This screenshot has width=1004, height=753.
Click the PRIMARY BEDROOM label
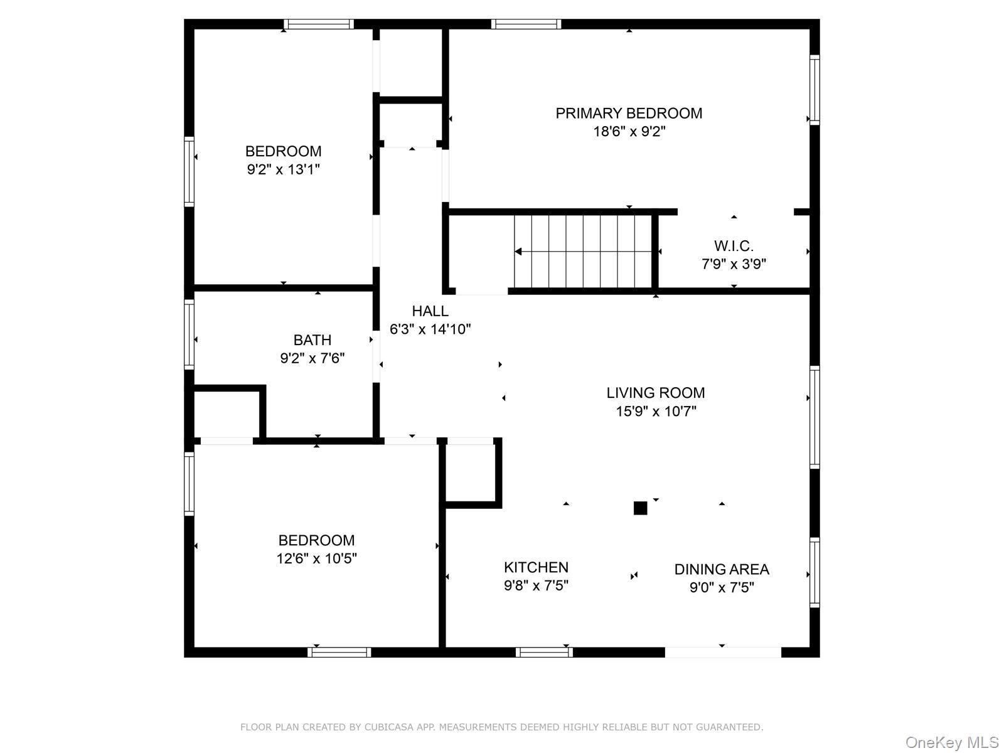click(629, 113)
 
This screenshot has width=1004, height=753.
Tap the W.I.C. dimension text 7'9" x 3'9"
click(734, 264)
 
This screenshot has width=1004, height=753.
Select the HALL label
click(430, 311)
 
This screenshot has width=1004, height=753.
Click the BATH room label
click(312, 340)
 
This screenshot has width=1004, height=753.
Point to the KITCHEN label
click(536, 567)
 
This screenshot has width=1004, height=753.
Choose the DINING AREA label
click(722, 569)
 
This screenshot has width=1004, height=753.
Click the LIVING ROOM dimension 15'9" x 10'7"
click(656, 412)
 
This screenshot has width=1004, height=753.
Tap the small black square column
click(640, 508)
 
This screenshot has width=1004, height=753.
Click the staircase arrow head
click(518, 252)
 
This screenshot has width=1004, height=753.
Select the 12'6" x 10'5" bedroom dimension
click(316, 558)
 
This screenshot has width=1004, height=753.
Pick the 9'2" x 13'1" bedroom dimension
click(284, 169)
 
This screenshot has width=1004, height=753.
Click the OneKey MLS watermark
click(951, 743)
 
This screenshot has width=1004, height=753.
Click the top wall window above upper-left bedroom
click(318, 24)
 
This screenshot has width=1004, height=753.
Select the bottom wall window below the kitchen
click(544, 652)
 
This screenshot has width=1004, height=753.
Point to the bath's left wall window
click(188, 334)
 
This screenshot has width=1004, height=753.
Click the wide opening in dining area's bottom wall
click(723, 652)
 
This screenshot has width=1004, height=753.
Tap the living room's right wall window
click(814, 417)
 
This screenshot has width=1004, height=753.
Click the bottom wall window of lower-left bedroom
click(339, 652)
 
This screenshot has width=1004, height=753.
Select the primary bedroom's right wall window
click(814, 90)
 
